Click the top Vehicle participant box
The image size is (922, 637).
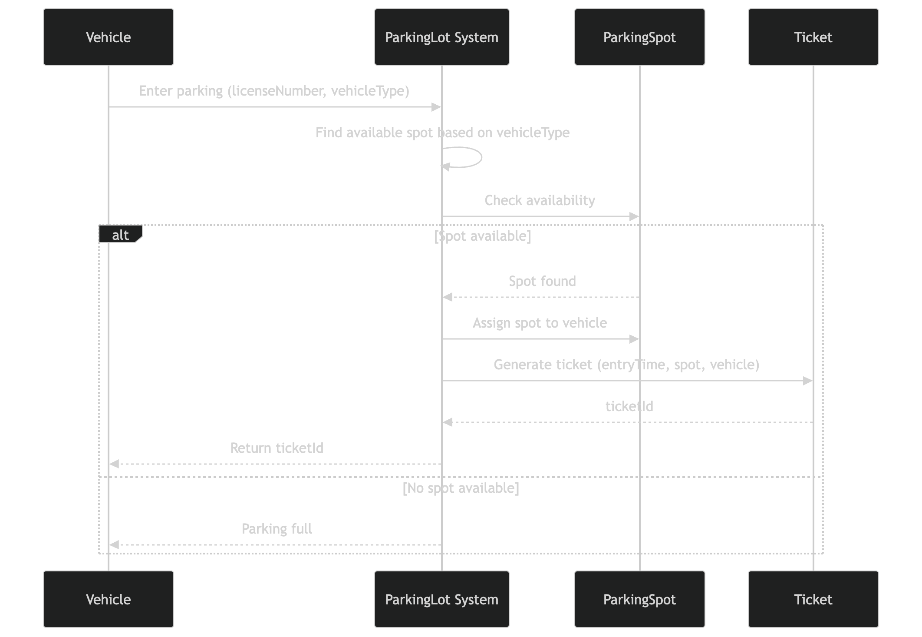(x=109, y=37)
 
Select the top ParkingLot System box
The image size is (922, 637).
(x=441, y=37)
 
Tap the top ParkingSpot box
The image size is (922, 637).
(x=639, y=37)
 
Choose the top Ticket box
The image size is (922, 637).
(x=813, y=37)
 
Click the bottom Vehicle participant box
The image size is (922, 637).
(x=109, y=599)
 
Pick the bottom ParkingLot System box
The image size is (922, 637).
(x=441, y=599)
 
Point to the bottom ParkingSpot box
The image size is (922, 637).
(x=639, y=599)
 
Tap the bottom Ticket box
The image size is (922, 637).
(x=813, y=599)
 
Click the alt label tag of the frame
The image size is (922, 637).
(x=120, y=235)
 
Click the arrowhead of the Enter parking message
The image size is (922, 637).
(x=436, y=107)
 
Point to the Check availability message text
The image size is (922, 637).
(x=540, y=200)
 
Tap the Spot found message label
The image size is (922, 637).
(x=542, y=281)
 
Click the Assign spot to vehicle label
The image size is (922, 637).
(x=540, y=323)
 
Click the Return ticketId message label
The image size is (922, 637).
(x=277, y=448)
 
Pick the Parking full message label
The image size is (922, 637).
(x=277, y=529)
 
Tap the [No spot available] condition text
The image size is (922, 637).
(x=461, y=488)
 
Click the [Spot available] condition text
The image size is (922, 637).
(x=482, y=236)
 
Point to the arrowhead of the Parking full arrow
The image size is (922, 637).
(x=114, y=545)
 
